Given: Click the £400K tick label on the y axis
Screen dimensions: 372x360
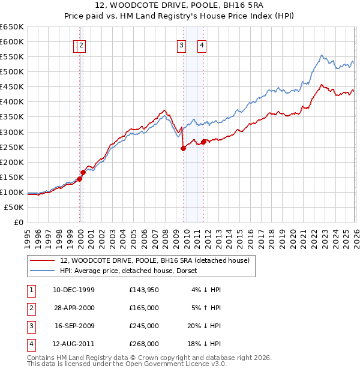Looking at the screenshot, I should [12, 102].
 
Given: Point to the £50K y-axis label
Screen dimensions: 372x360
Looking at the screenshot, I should [14, 207].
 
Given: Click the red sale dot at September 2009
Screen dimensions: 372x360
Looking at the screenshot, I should [183, 149].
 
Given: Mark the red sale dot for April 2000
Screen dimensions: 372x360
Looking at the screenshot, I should [83, 173].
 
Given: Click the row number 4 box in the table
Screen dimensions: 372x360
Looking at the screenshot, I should [31, 344].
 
